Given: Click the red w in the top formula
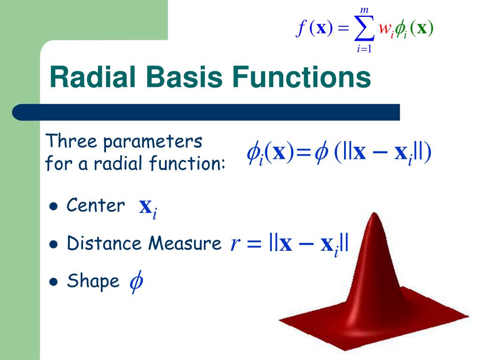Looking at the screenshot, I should click(385, 29).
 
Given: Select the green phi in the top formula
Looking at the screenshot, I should click(401, 29).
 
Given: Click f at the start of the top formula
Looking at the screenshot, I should click(300, 29).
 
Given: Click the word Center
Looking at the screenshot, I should click(96, 205).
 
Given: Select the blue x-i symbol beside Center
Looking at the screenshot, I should click(148, 208).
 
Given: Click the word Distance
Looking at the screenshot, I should click(105, 244).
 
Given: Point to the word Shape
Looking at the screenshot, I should click(93, 282).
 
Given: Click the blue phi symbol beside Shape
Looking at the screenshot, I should click(136, 282).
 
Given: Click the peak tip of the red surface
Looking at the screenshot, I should click(374, 215).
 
